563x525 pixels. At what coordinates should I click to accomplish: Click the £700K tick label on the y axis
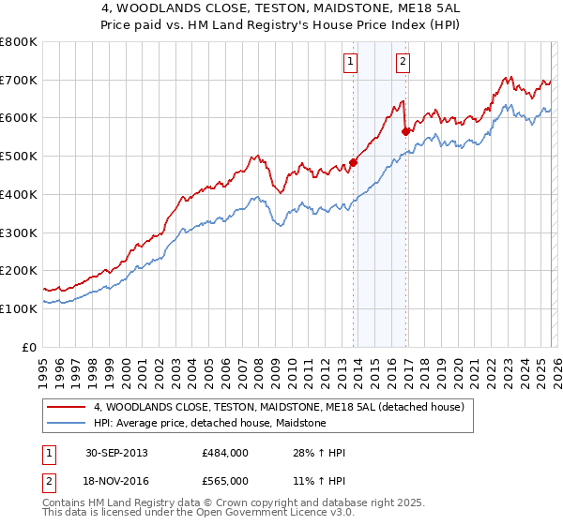click(x=19, y=80)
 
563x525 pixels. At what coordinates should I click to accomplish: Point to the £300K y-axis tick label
click(x=19, y=232)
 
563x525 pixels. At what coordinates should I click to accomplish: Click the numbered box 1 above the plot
click(x=350, y=63)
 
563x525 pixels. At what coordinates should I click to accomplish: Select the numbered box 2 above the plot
click(x=403, y=63)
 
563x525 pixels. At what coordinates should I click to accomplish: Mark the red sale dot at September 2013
click(x=354, y=162)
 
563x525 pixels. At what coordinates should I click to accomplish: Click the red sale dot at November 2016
click(x=405, y=131)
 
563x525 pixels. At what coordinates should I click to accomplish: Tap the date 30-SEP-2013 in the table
click(x=115, y=453)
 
